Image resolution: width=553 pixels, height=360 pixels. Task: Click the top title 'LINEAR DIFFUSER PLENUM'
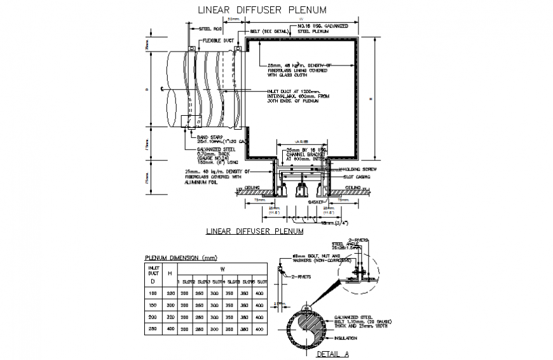[x=263, y=10]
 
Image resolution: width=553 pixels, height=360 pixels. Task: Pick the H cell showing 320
[x=170, y=315]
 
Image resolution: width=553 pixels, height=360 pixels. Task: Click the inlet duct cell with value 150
[x=153, y=305]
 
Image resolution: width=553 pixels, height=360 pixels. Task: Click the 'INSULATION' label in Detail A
[x=356, y=338]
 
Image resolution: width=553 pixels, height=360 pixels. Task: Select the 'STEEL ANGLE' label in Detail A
[x=344, y=244]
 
